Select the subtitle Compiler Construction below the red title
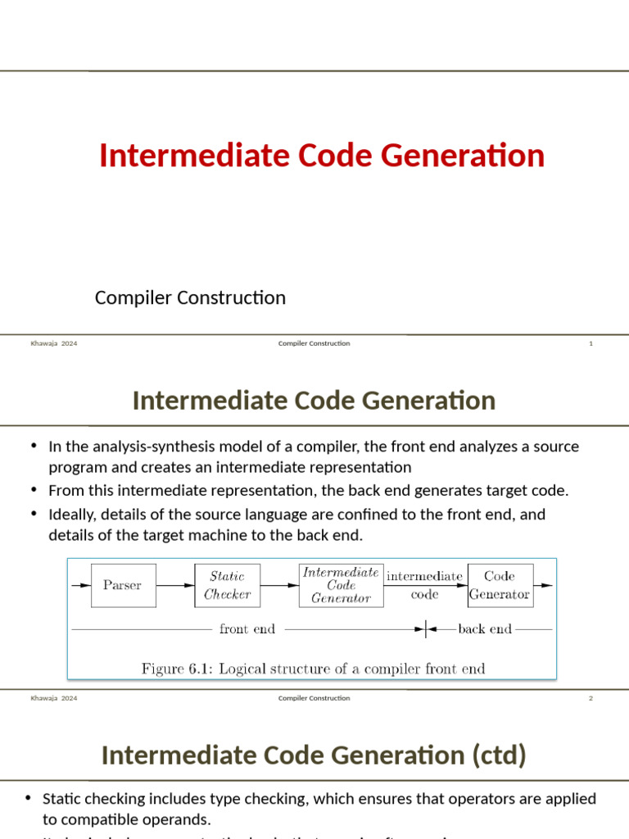pyautogui.click(x=190, y=297)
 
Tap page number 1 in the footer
pyautogui.click(x=591, y=343)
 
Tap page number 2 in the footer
pyautogui.click(x=591, y=698)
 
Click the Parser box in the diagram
pyautogui.click(x=123, y=585)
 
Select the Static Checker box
pyautogui.click(x=227, y=585)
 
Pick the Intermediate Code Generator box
pyautogui.click(x=341, y=585)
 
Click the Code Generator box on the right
pyautogui.click(x=500, y=585)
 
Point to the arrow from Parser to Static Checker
pyautogui.click(x=174, y=585)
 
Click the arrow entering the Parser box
pyautogui.click(x=81, y=585)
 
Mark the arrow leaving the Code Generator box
pyautogui.click(x=543, y=585)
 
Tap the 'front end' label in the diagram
pyautogui.click(x=247, y=629)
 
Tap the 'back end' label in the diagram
pyautogui.click(x=485, y=629)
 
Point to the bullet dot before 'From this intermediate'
pyautogui.click(x=34, y=489)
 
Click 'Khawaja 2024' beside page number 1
pyautogui.click(x=54, y=343)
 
